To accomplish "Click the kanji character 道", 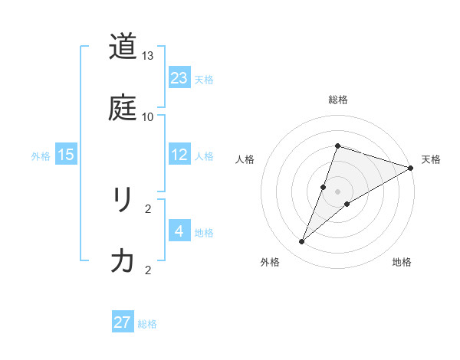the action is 123,47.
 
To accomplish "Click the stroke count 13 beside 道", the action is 148,57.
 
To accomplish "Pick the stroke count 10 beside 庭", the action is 148,116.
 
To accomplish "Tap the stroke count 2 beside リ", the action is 148,208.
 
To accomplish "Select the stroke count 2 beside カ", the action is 148,270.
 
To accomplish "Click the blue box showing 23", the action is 179,78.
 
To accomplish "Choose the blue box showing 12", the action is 179,155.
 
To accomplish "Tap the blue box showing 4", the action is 179,231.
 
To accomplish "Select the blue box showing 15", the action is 66,155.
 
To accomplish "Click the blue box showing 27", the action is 123,322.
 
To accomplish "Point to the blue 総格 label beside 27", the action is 147,324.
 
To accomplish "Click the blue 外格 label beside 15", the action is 41,156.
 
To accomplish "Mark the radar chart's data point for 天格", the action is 410,169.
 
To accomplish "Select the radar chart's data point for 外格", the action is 302,242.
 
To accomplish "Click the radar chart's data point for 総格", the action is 337,146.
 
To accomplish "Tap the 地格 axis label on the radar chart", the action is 402,263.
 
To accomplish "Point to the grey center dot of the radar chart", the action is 337,191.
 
